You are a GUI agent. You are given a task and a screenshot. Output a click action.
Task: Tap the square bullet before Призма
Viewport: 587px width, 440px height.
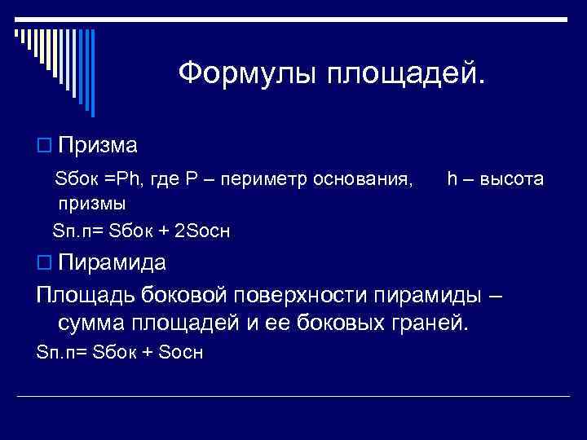tap(43, 146)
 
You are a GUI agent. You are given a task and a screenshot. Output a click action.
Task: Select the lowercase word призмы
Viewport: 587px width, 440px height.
tap(91, 202)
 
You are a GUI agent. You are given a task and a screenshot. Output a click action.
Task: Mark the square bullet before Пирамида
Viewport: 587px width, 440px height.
tap(43, 263)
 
